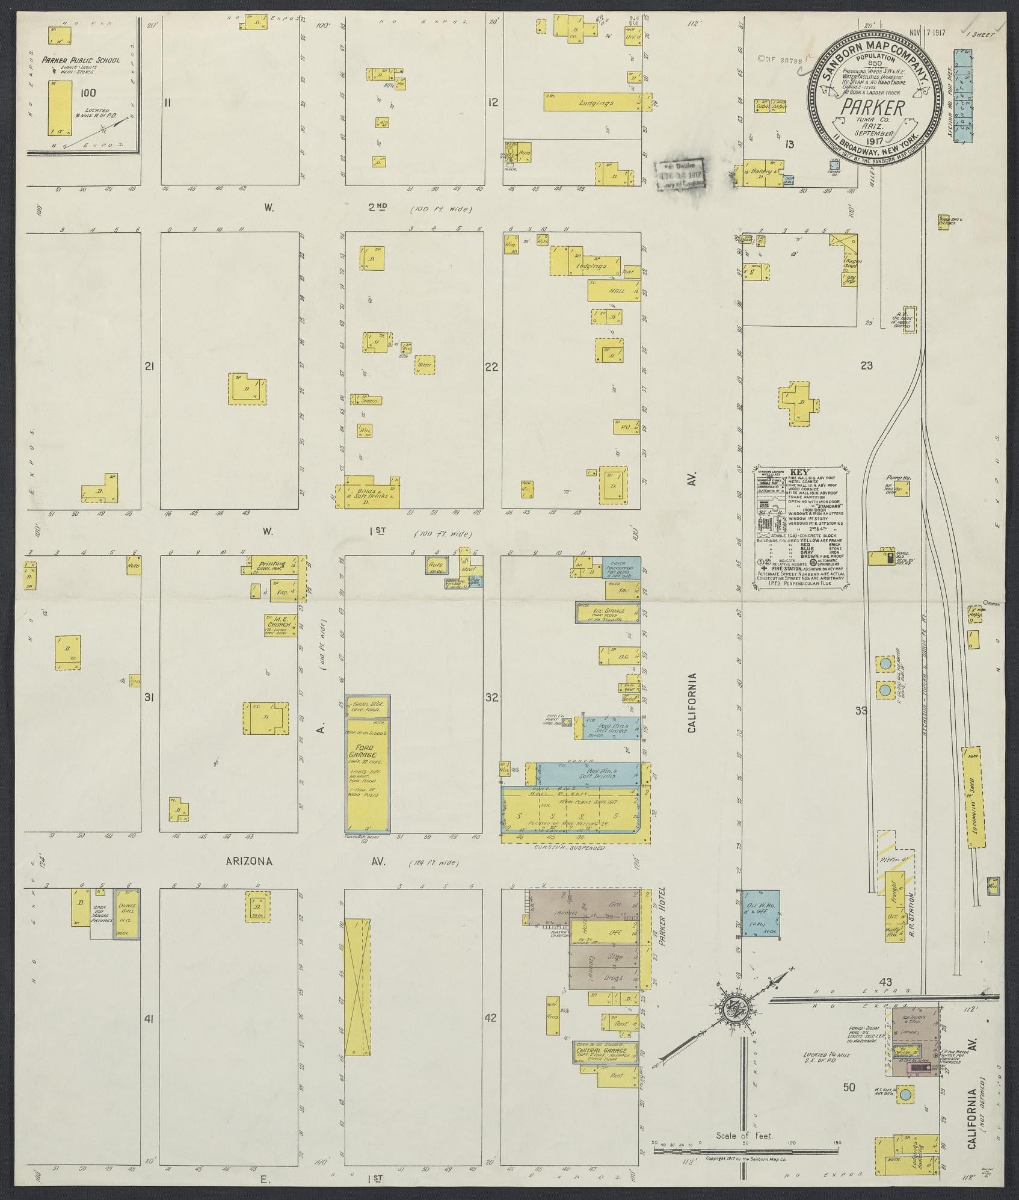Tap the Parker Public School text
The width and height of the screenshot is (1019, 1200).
[x=81, y=60]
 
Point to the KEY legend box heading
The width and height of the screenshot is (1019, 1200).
[x=796, y=473]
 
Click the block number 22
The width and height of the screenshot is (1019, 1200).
[x=492, y=366]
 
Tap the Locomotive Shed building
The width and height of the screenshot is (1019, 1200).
[x=970, y=794]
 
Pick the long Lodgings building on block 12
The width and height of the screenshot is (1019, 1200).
[x=597, y=102]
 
